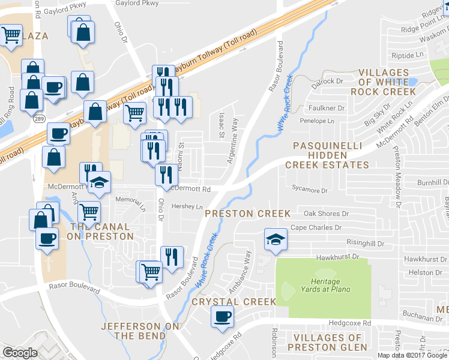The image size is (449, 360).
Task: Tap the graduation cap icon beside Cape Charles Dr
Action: [x=276, y=240]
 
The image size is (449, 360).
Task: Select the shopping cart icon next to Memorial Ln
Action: [x=89, y=211]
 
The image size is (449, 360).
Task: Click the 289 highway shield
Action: [x=38, y=119]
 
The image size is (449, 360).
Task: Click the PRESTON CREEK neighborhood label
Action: [x=247, y=214]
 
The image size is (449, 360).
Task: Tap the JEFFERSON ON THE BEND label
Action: [x=131, y=331]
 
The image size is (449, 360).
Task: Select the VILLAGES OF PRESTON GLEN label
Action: [x=327, y=343]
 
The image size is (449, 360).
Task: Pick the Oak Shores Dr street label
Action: [x=326, y=214]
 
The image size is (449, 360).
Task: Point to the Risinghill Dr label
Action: [x=365, y=243]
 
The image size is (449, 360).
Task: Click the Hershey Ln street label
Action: [x=188, y=206]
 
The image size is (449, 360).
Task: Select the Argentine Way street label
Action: [x=233, y=148]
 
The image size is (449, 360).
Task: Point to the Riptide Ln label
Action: [x=407, y=55]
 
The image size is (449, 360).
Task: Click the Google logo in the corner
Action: [x=20, y=352]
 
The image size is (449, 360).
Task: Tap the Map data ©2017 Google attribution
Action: [x=411, y=355]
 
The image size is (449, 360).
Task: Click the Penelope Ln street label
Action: [x=317, y=121]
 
